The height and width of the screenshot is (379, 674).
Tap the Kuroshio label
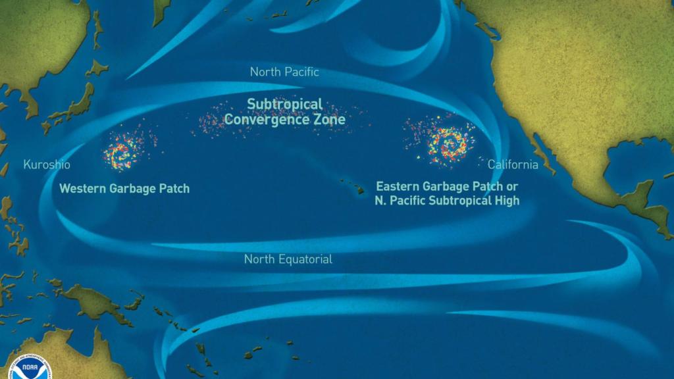(46, 164)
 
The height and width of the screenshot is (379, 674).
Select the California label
(513, 164)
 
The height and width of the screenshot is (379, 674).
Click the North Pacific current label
(284, 72)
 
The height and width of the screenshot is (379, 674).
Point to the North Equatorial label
(288, 259)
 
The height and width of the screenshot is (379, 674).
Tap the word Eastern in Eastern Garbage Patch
(398, 186)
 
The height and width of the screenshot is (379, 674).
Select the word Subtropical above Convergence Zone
(284, 104)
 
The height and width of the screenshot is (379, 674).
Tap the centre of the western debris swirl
(122, 153)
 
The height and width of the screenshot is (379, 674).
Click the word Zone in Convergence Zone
(328, 120)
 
